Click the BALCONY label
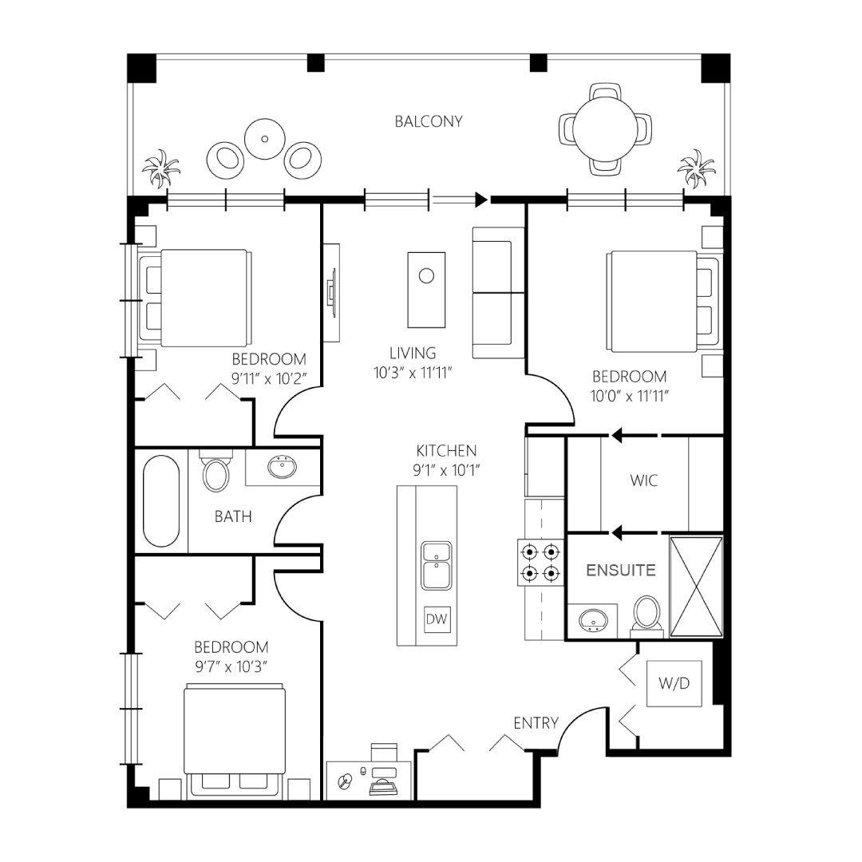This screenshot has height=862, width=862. (429, 121)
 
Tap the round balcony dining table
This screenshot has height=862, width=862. (605, 129)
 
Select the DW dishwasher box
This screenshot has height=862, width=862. (437, 619)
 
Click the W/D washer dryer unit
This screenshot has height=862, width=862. (674, 683)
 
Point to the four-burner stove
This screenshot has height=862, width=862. (540, 562)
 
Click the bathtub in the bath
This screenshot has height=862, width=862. (161, 500)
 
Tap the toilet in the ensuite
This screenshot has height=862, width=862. (647, 614)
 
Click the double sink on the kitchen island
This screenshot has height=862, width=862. (437, 566)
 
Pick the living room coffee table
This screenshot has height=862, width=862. (426, 290)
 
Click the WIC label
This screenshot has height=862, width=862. (644, 480)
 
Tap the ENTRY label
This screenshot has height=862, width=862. (536, 723)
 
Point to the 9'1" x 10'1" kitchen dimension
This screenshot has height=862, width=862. (446, 470)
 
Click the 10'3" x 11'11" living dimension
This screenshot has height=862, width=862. (413, 373)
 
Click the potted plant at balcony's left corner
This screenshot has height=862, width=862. (160, 168)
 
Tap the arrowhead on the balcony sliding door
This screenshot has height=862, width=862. (481, 200)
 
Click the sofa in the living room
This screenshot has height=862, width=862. (499, 293)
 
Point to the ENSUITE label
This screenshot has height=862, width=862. (621, 570)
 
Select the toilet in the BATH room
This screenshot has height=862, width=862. (215, 471)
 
